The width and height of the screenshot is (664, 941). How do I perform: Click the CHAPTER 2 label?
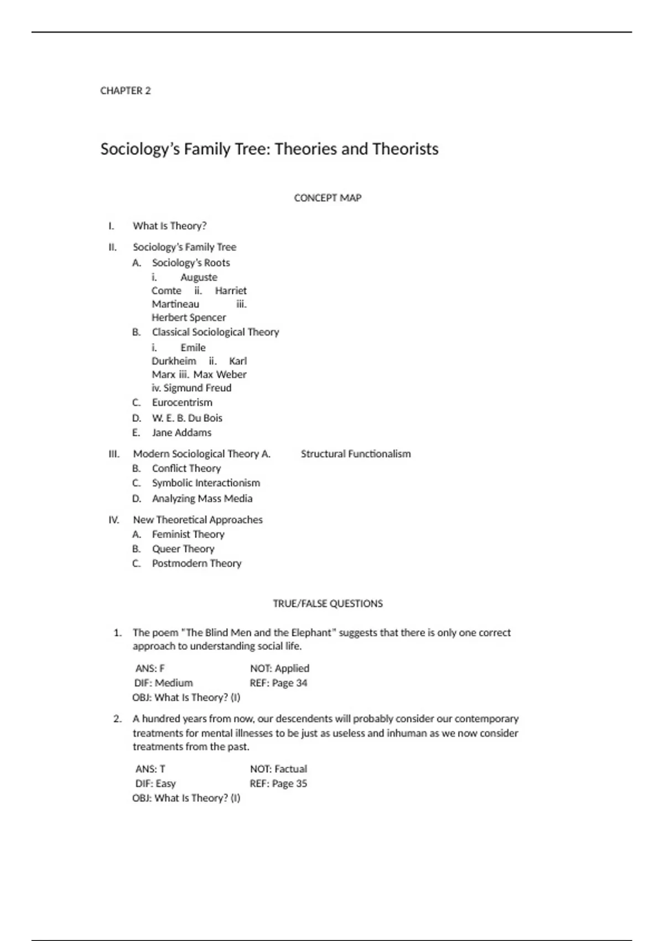[125, 91]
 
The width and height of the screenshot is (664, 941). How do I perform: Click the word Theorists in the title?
[405, 149]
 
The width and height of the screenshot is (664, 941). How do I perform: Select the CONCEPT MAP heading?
[328, 198]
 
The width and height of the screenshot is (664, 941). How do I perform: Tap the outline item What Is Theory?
[169, 226]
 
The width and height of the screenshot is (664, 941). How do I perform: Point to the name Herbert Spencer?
[189, 318]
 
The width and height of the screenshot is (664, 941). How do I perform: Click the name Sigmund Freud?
[198, 388]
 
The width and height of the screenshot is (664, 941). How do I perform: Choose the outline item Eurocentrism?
[182, 402]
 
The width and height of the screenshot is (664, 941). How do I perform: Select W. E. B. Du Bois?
[187, 418]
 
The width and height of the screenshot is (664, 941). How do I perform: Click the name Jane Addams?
[181, 433]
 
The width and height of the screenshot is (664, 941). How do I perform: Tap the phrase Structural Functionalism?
[355, 454]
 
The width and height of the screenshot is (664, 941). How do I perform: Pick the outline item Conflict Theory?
[186, 468]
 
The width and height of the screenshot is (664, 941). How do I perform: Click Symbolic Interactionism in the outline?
[206, 483]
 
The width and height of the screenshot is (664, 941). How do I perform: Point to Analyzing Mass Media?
[202, 499]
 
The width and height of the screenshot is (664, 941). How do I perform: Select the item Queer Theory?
[183, 549]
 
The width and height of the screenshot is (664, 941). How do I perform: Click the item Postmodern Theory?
[196, 563]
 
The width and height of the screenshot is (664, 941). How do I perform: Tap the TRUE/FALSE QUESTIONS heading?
[328, 604]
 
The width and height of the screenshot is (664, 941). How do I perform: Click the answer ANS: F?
[150, 669]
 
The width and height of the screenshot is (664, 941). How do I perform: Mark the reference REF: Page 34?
[278, 683]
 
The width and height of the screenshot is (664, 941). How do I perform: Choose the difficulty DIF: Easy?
[155, 784]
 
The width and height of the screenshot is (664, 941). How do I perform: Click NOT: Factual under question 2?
[278, 769]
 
